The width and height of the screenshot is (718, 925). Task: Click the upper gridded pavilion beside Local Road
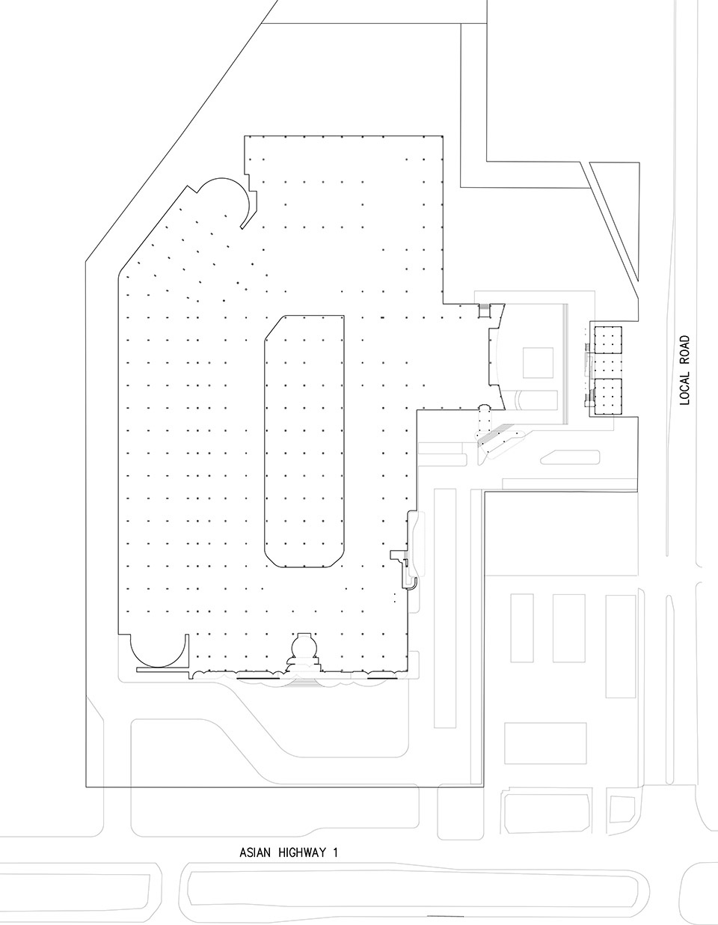point(608,340)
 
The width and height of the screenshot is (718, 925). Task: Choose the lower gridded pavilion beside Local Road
point(608,397)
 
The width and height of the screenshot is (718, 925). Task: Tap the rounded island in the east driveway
point(570,457)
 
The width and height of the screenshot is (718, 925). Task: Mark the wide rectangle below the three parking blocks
point(545,743)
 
